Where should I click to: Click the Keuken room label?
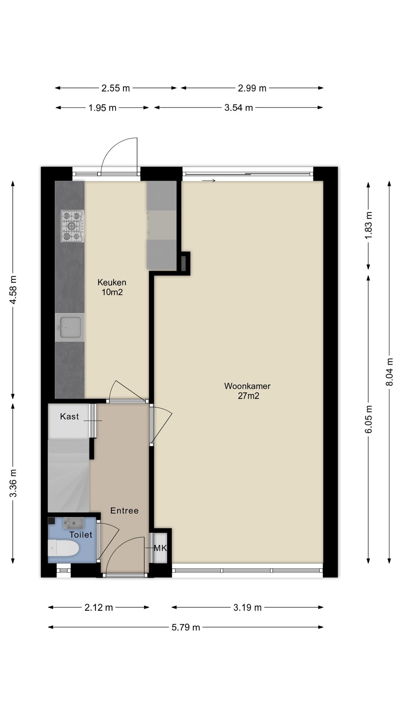[x=112, y=283]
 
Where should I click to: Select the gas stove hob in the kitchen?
[x=72, y=226]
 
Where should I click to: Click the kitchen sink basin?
[x=70, y=327]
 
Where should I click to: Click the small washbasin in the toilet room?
[x=73, y=523]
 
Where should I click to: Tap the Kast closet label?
[x=70, y=416]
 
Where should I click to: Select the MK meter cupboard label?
[x=160, y=548]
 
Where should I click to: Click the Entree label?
[x=124, y=511]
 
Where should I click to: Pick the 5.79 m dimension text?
[x=186, y=627]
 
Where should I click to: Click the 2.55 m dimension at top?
[x=115, y=88]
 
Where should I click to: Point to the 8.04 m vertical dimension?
[x=389, y=372]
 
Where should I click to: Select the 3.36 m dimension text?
[x=13, y=483]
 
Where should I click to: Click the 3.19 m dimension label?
[x=248, y=608]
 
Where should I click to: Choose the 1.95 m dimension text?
[x=102, y=108]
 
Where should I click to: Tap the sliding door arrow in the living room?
[x=208, y=181]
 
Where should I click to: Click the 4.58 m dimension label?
[x=13, y=290]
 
